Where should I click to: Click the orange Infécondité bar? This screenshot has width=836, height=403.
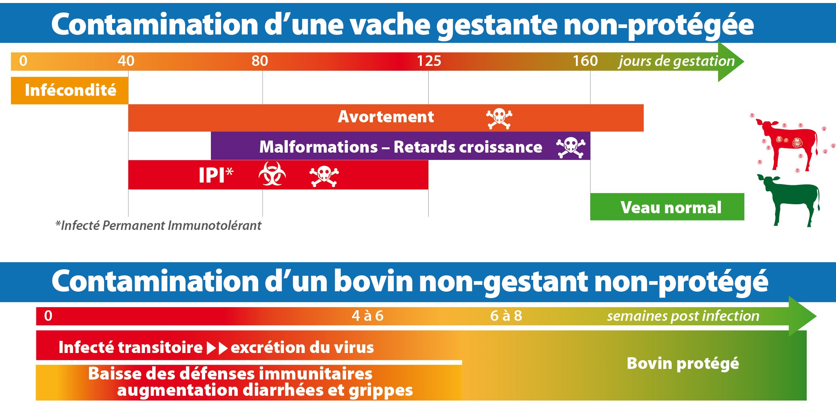pos(70,91)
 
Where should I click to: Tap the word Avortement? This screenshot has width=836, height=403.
pos(386,117)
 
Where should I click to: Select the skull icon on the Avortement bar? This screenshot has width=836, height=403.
pos(499,119)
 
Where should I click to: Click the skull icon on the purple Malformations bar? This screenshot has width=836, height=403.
pos(571,147)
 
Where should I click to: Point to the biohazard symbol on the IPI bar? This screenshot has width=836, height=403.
pos(272,174)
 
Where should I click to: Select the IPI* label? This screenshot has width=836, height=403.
pos(216,175)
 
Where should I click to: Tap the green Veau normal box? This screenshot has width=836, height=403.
pos(667,207)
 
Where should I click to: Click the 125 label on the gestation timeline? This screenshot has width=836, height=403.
pos(429,61)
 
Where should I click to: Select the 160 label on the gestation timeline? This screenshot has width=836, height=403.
pos(585,61)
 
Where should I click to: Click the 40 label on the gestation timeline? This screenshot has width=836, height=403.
pos(126,61)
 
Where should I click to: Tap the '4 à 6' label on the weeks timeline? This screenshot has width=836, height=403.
pos(368,316)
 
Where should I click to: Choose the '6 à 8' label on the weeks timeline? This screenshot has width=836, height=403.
pos(506,316)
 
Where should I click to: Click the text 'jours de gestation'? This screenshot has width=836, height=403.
pos(676,61)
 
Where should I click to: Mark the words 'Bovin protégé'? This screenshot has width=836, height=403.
pos(683,364)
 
